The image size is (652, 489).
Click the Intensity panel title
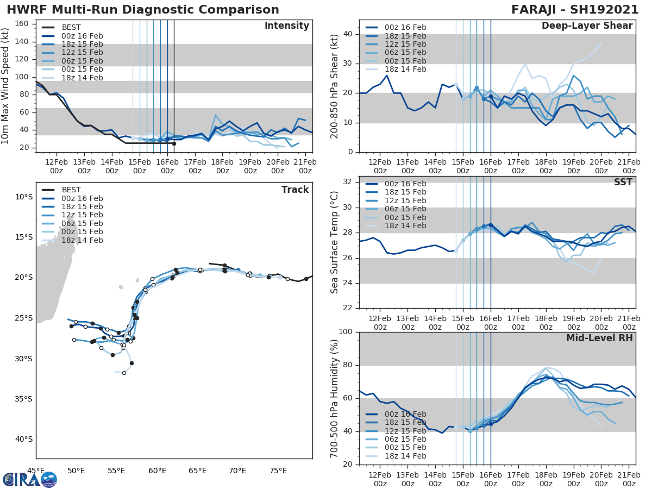click(x=286, y=26)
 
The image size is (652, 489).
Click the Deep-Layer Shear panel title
click(x=587, y=26)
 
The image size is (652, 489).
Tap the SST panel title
click(x=624, y=182)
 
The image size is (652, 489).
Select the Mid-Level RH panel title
click(x=599, y=338)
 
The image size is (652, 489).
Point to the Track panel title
click(x=295, y=190)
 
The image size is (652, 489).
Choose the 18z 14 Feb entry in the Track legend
click(x=82, y=240)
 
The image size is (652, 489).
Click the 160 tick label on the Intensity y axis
click(x=22, y=23)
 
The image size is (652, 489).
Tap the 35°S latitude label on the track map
click(x=23, y=399)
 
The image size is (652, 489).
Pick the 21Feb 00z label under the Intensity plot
click(x=305, y=166)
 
